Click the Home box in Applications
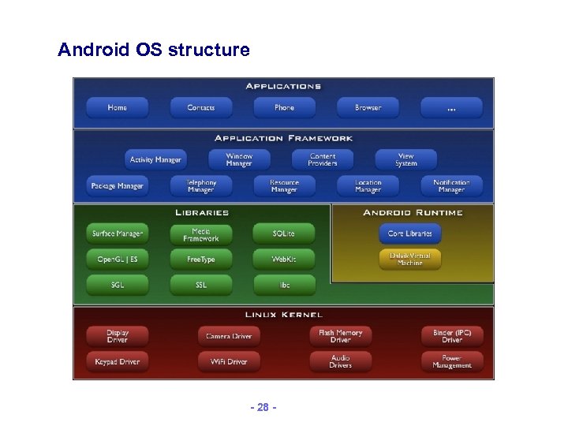coord(117,107)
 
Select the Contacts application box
coord(200,107)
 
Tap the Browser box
coord(368,107)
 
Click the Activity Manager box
coord(155,159)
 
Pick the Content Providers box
coord(323,159)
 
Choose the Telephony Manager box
coord(200,186)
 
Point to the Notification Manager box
coord(451,186)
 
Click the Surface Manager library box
coord(118,234)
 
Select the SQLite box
coord(284,234)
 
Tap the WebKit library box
coord(284,259)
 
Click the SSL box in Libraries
coord(200,285)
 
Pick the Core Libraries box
coord(409,234)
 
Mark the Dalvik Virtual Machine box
coord(409,259)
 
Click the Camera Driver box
coord(229,336)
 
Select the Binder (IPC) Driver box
coord(451,336)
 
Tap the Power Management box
coord(451,361)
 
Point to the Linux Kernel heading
coord(283,315)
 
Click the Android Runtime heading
coord(413,212)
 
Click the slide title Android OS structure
coord(154,50)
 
